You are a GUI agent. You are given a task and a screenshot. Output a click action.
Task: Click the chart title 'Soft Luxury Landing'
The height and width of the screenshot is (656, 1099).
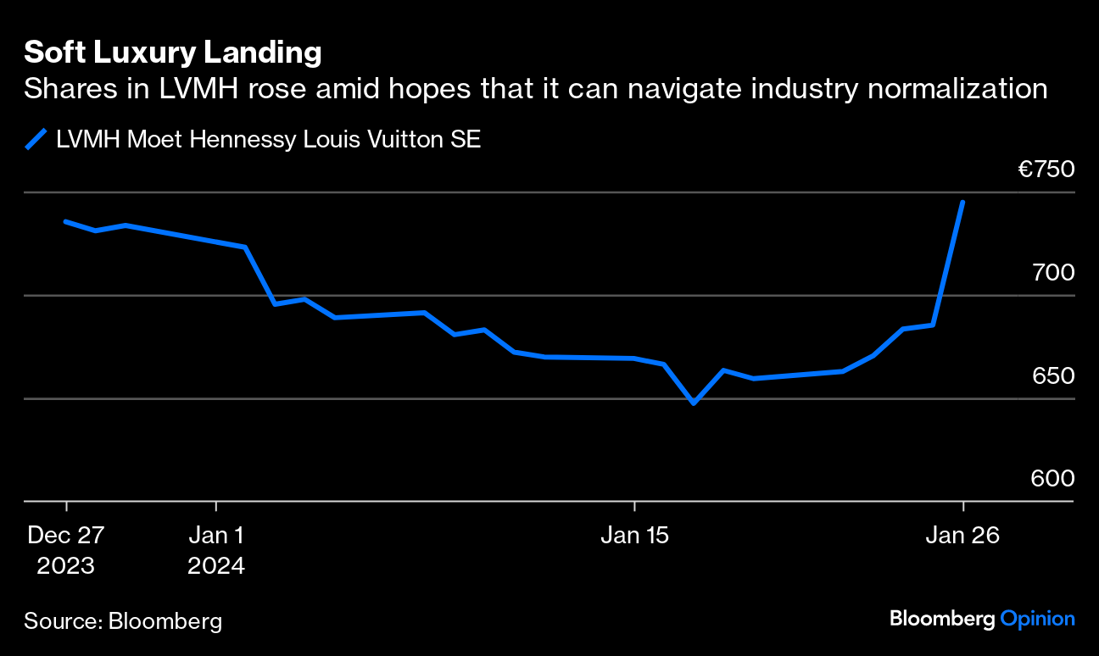(172, 53)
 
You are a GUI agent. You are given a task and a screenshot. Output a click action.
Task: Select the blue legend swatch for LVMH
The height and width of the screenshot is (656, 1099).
(36, 139)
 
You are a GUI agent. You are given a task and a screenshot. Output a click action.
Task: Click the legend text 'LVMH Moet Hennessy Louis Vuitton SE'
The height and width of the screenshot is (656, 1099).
(268, 139)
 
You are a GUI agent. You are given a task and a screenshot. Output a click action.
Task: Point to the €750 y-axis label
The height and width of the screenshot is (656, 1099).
(1046, 170)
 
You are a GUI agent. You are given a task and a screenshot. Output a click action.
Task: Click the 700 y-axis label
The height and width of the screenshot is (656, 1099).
(1052, 273)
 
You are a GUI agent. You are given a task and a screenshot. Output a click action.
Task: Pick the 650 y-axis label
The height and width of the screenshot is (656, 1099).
(1052, 375)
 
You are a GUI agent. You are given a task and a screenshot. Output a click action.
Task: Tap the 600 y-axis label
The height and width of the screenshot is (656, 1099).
(1052, 479)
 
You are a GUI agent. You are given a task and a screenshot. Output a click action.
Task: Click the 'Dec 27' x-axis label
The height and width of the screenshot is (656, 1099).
(65, 536)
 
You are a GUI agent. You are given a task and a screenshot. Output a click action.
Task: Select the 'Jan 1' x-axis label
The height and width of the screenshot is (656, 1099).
(216, 536)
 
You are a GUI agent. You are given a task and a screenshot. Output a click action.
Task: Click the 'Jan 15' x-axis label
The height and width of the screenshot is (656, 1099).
(634, 536)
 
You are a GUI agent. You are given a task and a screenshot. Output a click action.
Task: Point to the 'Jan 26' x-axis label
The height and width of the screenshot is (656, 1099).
(962, 536)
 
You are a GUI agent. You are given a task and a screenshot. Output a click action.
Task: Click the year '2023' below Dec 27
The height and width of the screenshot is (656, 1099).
(65, 565)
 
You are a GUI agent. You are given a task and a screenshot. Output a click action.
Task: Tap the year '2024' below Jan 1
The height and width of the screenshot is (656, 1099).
(216, 565)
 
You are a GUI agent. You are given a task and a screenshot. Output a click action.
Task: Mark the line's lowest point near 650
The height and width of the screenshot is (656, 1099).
(694, 403)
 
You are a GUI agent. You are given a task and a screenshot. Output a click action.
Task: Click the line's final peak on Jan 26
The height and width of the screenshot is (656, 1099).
(962, 202)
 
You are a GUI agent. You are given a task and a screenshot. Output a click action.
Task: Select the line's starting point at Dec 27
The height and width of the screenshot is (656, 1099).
(65, 221)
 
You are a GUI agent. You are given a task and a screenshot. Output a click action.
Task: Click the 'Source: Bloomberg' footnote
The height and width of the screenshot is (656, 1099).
(123, 621)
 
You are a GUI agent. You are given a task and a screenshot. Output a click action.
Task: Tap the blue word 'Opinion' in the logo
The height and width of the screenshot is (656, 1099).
(1037, 619)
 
